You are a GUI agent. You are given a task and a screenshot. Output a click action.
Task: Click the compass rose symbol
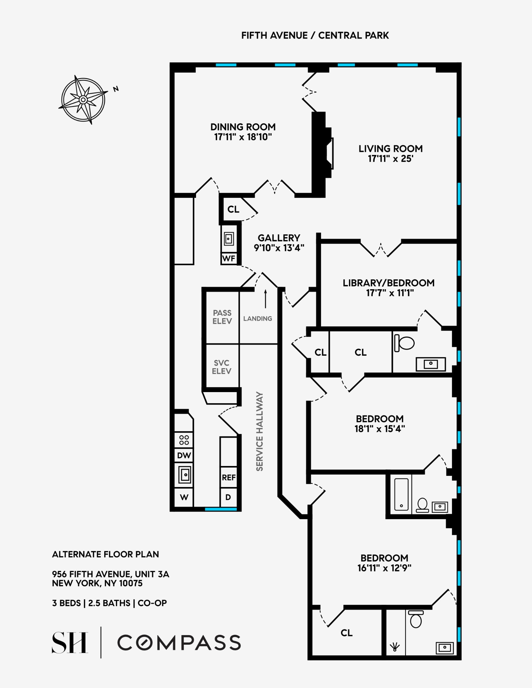click(84, 100)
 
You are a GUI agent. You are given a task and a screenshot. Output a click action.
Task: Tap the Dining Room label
click(243, 127)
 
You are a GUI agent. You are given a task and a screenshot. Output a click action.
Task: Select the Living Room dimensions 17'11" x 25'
click(390, 159)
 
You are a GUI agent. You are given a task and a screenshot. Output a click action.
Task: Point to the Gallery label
click(279, 238)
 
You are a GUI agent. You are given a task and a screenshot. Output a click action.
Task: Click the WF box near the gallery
click(229, 258)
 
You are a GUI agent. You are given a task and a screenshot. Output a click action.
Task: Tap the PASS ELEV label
click(222, 317)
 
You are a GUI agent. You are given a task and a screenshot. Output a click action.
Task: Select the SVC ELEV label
click(222, 367)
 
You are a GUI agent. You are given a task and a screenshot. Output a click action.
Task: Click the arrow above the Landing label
click(266, 298)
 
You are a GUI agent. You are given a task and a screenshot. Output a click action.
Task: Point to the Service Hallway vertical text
click(260, 431)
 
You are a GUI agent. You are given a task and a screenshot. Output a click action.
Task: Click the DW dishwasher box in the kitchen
click(184, 455)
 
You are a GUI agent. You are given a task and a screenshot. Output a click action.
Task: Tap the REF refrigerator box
click(229, 477)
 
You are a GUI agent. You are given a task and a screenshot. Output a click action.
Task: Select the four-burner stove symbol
click(184, 440)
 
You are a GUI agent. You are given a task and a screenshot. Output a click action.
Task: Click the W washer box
click(184, 497)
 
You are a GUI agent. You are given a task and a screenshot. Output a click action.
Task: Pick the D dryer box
click(228, 497)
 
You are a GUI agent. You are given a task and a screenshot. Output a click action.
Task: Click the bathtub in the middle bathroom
click(401, 494)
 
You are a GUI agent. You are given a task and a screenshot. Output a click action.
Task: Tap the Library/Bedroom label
click(389, 283)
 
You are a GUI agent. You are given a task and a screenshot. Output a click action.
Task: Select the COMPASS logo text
click(179, 642)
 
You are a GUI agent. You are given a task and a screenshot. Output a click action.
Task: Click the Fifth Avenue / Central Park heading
click(315, 35)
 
